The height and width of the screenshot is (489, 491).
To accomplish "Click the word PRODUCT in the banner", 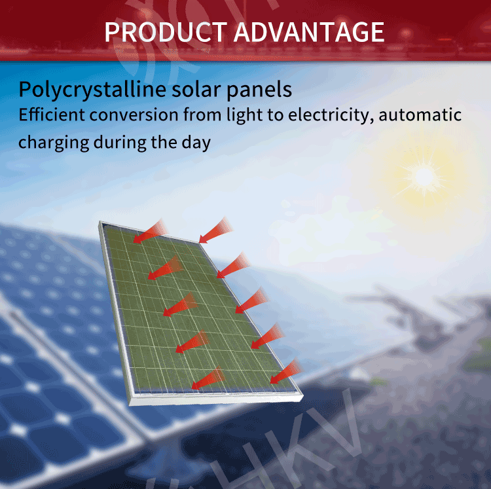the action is [x=166, y=32].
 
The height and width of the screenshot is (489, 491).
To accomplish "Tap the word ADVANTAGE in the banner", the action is [x=309, y=32].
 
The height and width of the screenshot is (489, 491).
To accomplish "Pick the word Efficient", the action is [x=52, y=115].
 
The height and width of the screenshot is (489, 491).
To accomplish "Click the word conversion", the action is [x=134, y=115].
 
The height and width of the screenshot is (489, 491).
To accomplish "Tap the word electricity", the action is [x=331, y=115].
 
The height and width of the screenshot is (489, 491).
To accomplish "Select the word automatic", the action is [x=420, y=115].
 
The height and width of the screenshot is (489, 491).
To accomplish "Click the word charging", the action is [x=54, y=143].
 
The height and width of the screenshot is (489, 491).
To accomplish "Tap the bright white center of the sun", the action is [x=424, y=177].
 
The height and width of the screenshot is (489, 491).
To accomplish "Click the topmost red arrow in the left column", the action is [x=151, y=231].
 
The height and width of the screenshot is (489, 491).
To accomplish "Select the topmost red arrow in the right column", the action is [x=216, y=230].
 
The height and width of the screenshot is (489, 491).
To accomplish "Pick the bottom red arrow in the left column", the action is [x=208, y=378].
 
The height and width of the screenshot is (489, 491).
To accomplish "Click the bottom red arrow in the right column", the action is [x=286, y=371].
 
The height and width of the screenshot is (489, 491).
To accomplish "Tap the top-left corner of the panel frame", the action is [x=100, y=222].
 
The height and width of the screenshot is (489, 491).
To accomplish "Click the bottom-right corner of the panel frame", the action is [x=303, y=396].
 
